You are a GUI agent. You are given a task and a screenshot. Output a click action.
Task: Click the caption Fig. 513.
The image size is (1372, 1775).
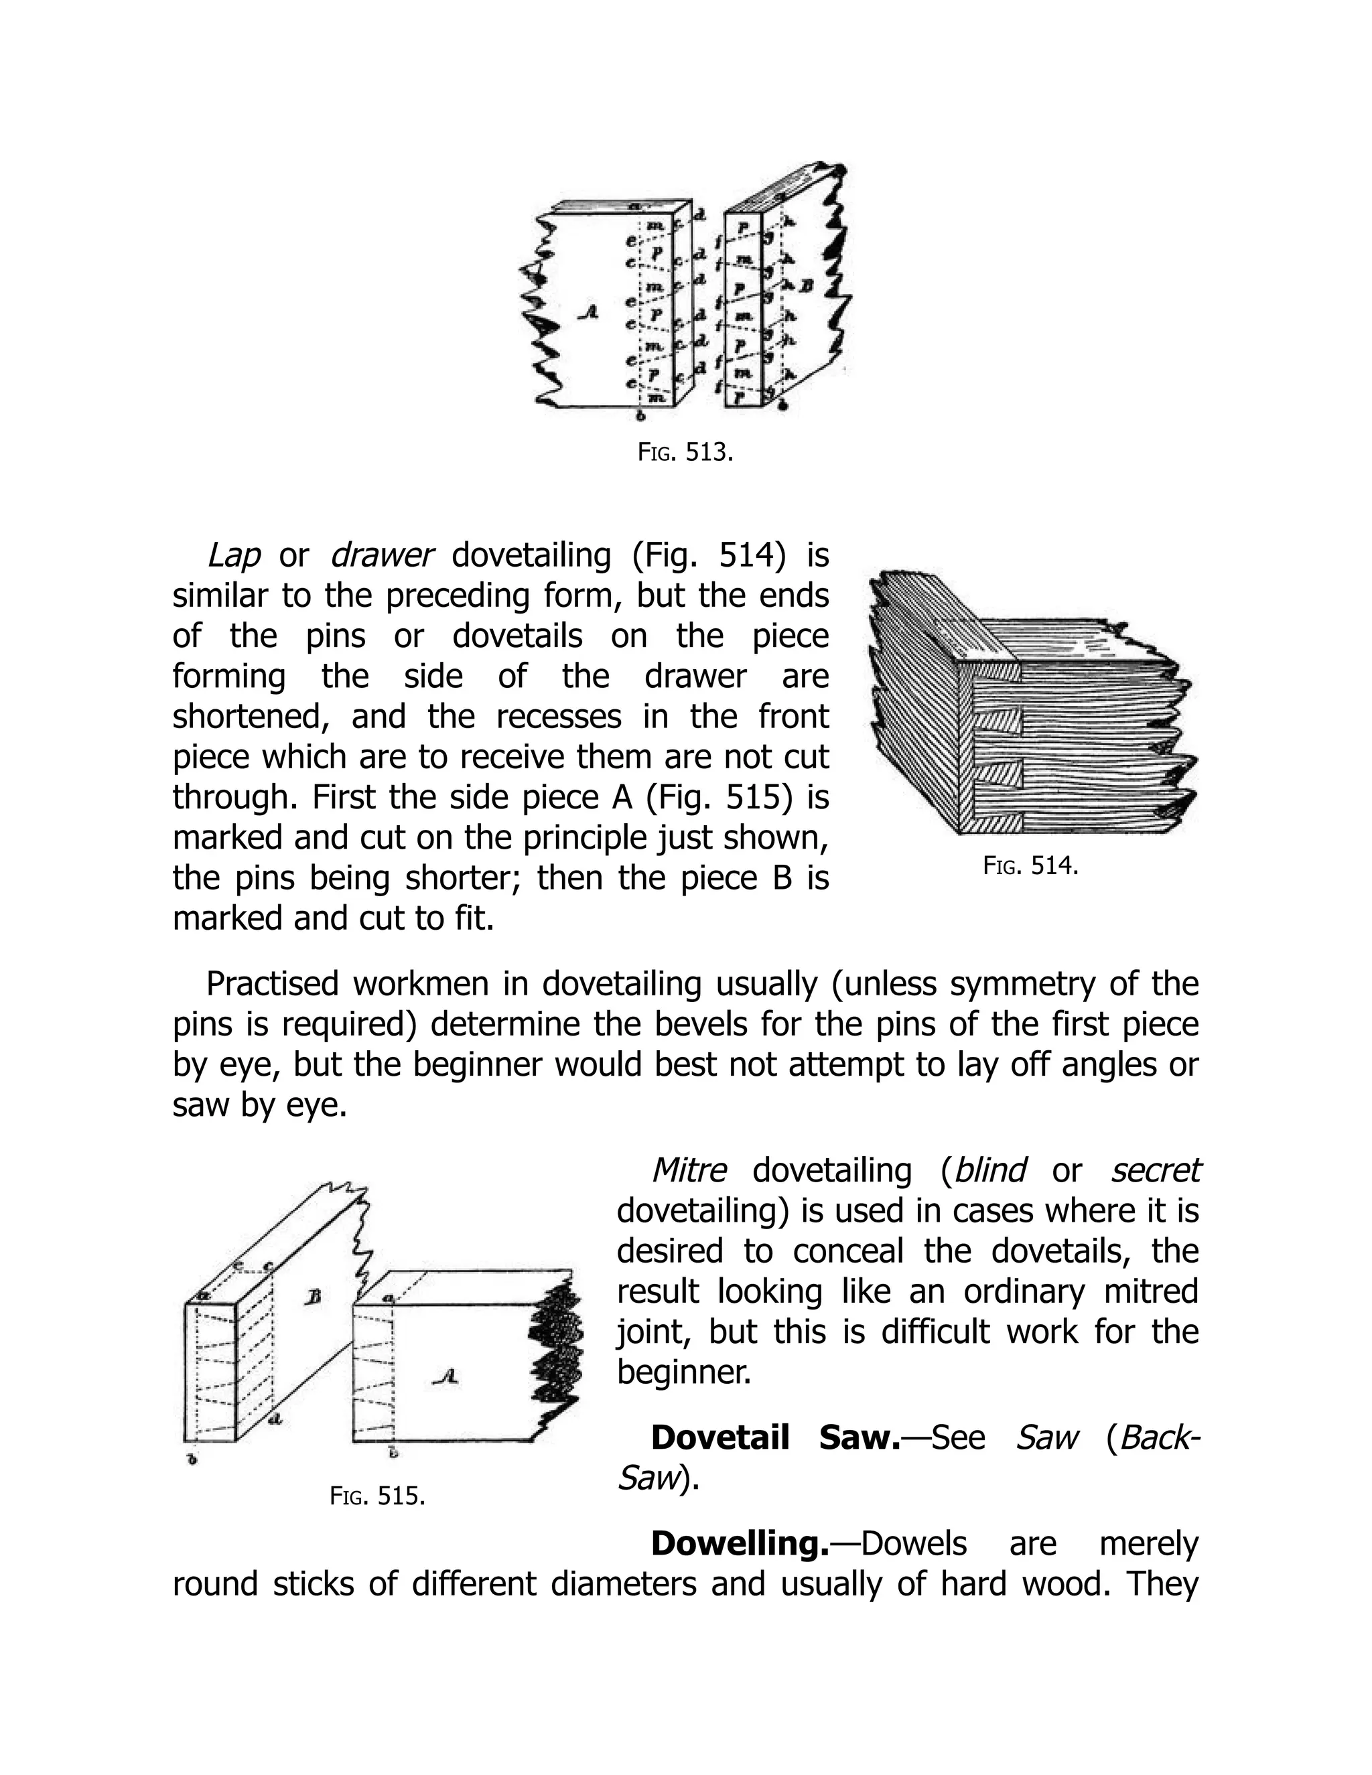685,453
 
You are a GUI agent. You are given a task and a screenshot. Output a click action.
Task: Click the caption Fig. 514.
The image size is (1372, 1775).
1030,865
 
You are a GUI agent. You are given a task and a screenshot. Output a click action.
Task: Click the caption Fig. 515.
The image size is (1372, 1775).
378,1496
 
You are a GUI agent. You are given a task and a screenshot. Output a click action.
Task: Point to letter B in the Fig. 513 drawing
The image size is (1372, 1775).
807,286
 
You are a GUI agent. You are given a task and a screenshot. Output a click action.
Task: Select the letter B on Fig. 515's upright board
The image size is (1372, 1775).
312,1298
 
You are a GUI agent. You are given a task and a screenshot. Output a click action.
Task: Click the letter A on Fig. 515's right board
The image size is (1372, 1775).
445,1376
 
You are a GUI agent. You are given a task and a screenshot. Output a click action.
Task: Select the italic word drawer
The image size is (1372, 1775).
382,556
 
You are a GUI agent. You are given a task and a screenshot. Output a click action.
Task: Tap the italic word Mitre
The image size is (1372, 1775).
689,1171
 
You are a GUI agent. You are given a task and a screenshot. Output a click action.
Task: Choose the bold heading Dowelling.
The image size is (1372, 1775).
739,1543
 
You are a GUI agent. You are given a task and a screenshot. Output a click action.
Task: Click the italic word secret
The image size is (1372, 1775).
1155,1171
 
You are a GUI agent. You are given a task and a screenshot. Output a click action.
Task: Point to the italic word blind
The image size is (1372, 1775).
990,1171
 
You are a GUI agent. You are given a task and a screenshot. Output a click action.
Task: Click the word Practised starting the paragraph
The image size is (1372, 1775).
271,984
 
